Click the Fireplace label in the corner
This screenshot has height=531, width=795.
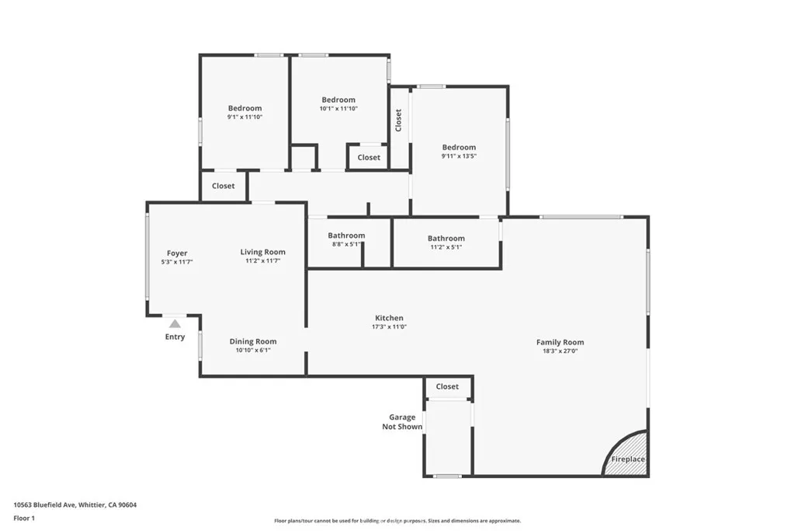[627, 459]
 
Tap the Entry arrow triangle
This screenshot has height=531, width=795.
[175, 323]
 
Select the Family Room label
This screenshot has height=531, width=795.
[560, 342]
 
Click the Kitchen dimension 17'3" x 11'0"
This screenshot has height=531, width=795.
[389, 327]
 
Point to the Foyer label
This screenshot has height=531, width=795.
[177, 253]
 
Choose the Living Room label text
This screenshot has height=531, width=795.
[262, 252]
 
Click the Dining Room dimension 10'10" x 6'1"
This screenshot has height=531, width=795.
[253, 351]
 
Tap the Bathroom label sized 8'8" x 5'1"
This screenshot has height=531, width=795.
[346, 236]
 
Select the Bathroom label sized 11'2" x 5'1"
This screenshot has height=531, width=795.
[446, 239]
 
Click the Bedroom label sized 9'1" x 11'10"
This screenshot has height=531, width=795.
[245, 108]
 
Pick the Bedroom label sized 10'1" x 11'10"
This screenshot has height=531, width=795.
[338, 100]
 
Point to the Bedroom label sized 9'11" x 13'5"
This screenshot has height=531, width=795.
[459, 147]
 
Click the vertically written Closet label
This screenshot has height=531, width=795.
[398, 120]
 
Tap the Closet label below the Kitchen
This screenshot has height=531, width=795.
[447, 386]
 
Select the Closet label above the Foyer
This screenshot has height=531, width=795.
[224, 186]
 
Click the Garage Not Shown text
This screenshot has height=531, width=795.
[402, 422]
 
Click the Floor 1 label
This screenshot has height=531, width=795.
[24, 518]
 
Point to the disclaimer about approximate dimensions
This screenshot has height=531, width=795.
[397, 521]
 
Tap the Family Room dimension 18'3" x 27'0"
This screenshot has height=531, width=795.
[560, 351]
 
